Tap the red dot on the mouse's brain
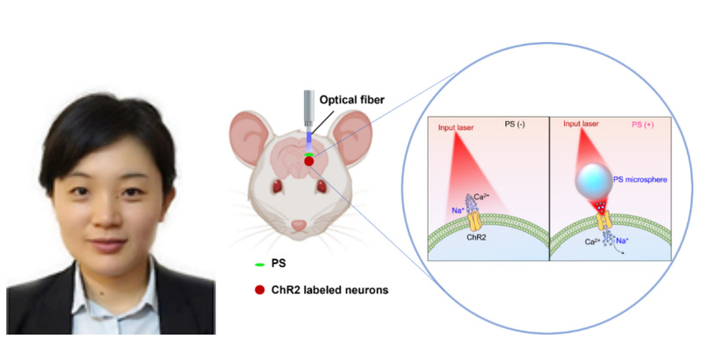[309, 162]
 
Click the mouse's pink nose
[300, 226]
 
